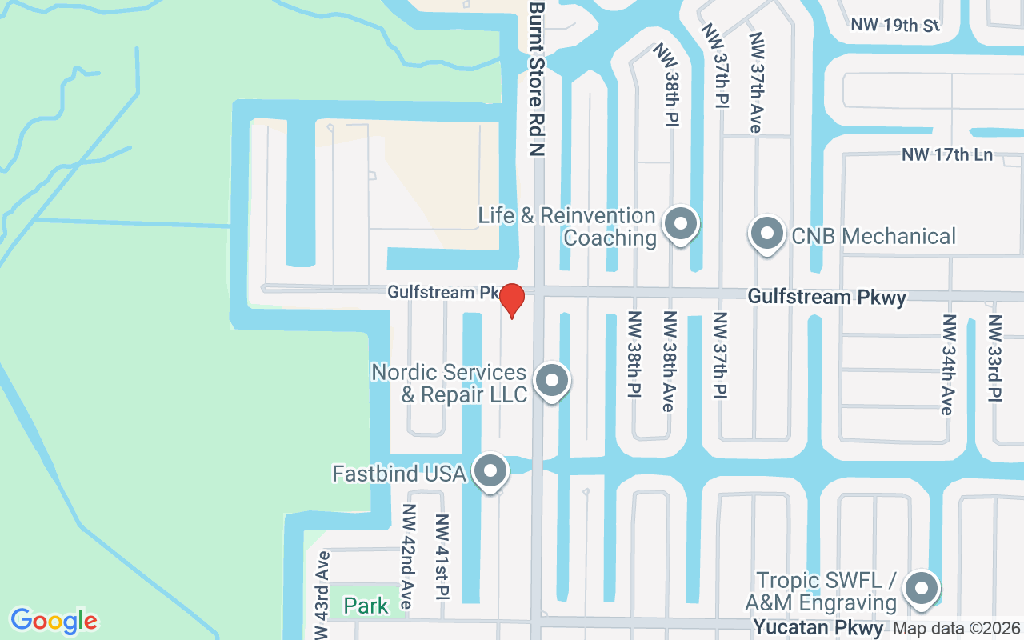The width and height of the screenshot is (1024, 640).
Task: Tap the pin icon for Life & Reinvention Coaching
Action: click(682, 225)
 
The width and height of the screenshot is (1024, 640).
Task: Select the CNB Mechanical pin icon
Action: click(767, 234)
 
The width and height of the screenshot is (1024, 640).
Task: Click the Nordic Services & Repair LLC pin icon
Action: click(551, 381)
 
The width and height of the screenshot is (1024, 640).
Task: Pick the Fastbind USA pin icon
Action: click(490, 472)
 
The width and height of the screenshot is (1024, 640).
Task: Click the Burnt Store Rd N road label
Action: click(536, 78)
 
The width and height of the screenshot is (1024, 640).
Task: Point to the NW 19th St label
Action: click(894, 25)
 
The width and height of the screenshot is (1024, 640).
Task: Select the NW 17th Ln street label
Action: click(947, 154)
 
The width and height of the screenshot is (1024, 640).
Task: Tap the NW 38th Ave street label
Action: click(668, 362)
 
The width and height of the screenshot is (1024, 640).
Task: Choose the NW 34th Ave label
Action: click(949, 364)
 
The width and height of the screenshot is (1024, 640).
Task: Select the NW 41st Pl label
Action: click(442, 557)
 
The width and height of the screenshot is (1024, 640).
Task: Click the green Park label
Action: click(366, 606)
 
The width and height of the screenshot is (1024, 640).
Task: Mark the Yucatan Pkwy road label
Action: click(818, 628)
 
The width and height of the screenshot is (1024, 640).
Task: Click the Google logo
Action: click(54, 621)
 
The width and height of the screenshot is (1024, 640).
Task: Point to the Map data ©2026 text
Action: click(957, 629)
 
